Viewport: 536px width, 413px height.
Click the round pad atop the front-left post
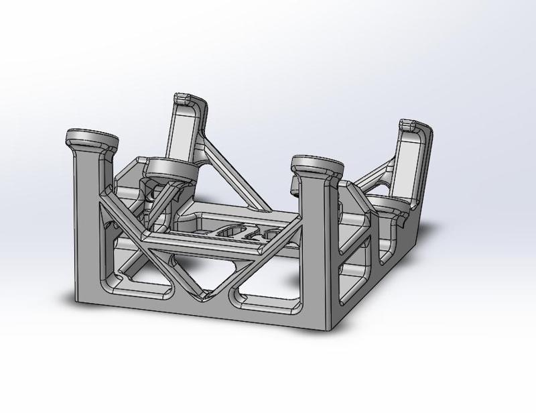[92, 139]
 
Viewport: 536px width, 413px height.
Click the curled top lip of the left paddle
[190, 100]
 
